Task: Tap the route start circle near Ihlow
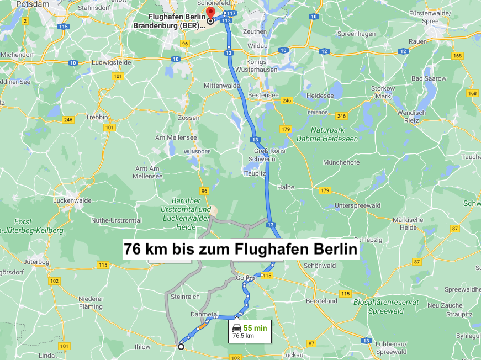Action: click(181, 347)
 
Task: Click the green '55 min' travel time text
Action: click(255, 328)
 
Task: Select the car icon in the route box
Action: click(237, 329)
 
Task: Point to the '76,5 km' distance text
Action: click(243, 336)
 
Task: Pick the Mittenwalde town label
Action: click(222, 86)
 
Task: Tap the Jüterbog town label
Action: click(37, 261)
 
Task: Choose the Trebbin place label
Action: click(98, 117)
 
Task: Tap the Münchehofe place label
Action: click(341, 163)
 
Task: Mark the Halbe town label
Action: click(286, 187)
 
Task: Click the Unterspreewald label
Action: click(358, 206)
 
